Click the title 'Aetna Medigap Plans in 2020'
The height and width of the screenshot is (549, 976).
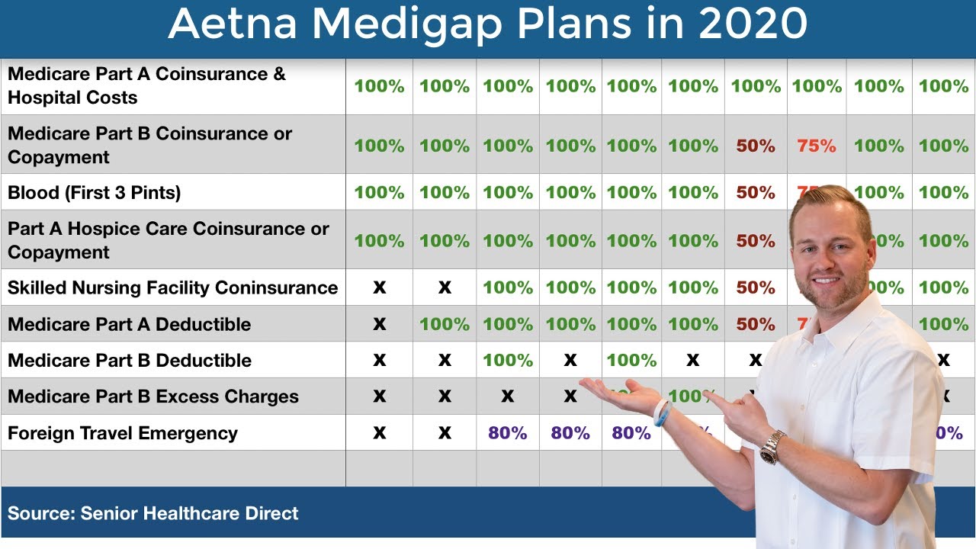pos(487,24)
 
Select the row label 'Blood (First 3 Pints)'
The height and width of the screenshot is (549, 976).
pos(94,192)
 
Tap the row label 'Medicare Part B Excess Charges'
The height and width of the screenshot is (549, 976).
pos(152,396)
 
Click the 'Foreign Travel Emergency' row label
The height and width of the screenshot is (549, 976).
pos(122,433)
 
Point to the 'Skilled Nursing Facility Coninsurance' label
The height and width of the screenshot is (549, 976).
pos(172,287)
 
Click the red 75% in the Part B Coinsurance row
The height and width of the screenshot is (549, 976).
pos(817,146)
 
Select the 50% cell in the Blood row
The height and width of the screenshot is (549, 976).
pos(756,192)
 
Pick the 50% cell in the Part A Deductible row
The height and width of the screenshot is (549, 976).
pos(756,324)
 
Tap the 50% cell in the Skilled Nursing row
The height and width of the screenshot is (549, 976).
pos(756,287)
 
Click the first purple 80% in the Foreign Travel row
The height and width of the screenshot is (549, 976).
pos(508,433)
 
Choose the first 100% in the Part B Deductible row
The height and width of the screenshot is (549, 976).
pos(508,360)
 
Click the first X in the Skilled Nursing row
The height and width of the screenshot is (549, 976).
pos(379,287)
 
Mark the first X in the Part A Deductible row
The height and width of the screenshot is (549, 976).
pos(379,324)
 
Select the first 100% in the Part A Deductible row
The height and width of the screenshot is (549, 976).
pos(445,324)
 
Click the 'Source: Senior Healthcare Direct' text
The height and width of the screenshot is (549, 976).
pos(152,513)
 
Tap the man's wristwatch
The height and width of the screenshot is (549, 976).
pos(772,446)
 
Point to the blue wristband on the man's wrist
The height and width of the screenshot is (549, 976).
pos(661,413)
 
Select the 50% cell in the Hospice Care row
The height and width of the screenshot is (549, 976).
pos(756,240)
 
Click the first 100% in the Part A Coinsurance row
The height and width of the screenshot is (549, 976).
pos(379,86)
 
